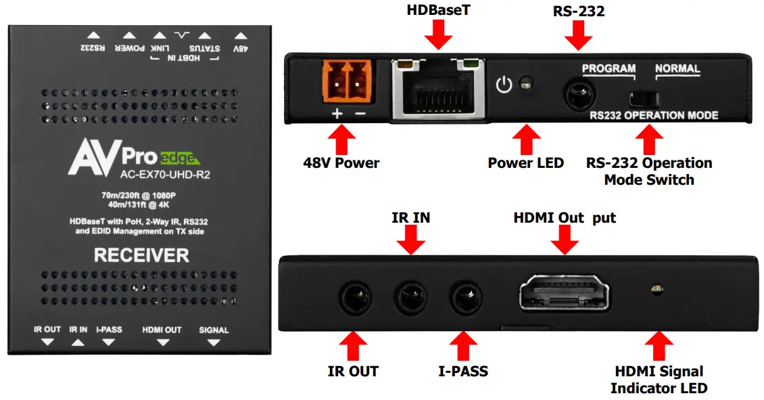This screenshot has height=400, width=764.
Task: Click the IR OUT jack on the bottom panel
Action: coord(353,296)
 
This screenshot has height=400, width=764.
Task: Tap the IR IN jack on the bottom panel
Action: coord(410,296)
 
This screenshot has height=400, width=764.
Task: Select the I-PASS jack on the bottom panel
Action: coord(464,296)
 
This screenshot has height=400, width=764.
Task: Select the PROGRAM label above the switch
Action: coord(608,68)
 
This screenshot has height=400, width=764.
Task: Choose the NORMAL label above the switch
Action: coord(677,68)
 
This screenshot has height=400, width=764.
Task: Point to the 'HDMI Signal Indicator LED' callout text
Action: coord(659,380)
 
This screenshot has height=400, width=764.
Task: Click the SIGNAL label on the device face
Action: coord(214,330)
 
